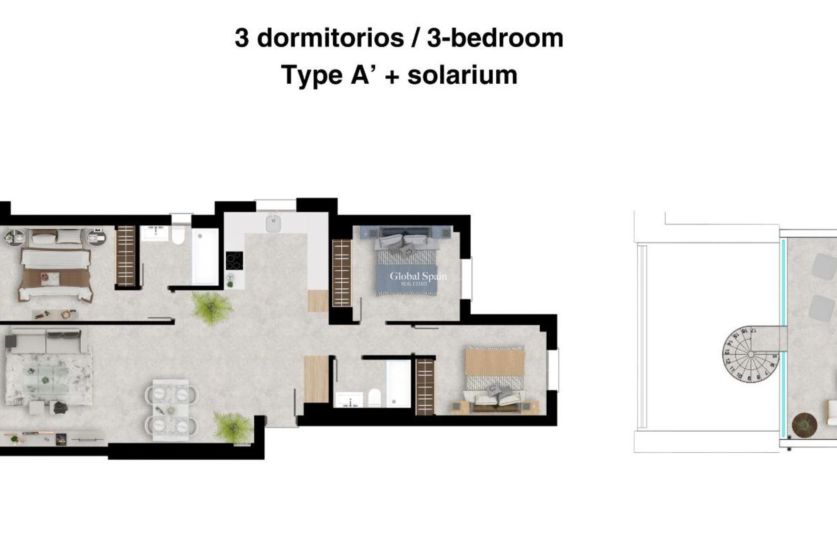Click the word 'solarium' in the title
[x=462, y=75]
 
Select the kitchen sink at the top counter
[x=273, y=223]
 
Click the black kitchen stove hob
[x=235, y=261]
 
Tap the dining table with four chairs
[x=171, y=410]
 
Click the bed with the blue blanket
[x=406, y=266]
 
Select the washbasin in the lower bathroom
[x=349, y=399]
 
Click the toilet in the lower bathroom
[x=374, y=397]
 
